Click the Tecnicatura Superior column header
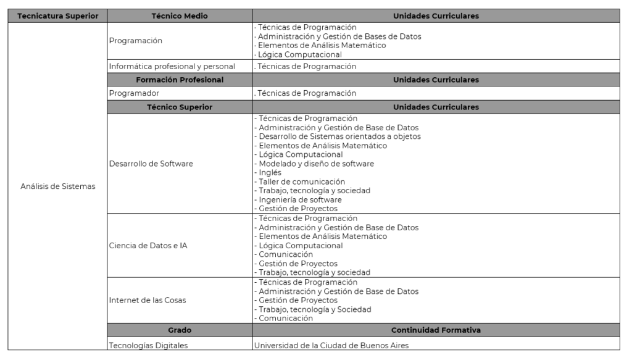58,16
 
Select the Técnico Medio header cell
180,16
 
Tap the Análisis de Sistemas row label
58,187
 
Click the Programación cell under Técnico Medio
135,41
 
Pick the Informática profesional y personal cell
172,66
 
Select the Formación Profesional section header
180,80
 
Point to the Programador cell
134,93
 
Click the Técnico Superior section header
180,107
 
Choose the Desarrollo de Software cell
151,164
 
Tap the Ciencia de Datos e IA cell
148,246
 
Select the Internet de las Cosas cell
148,300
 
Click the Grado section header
180,330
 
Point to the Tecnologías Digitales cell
148,345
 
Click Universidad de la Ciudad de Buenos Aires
331,345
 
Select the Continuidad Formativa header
436,330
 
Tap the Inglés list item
270,173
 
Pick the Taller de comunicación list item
301,182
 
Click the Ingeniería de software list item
300,199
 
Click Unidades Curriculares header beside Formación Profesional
436,80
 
